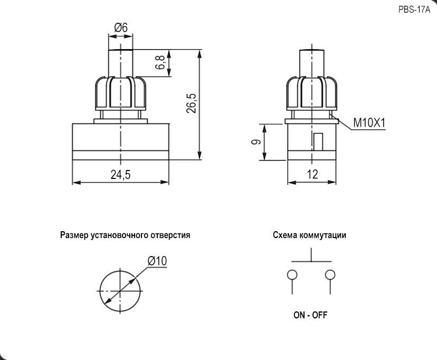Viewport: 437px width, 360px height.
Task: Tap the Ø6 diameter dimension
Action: click(121, 28)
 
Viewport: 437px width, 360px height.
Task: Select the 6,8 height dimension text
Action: click(160, 64)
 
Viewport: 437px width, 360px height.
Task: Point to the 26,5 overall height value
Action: click(191, 103)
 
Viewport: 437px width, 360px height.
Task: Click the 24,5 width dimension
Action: click(121, 175)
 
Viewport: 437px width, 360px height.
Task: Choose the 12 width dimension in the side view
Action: click(312, 175)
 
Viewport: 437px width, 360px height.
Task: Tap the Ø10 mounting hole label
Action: click(157, 260)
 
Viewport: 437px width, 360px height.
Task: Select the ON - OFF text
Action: click(310, 316)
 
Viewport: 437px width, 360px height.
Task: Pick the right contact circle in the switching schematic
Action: click(330, 274)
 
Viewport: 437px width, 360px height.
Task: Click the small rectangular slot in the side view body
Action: click(318, 141)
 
